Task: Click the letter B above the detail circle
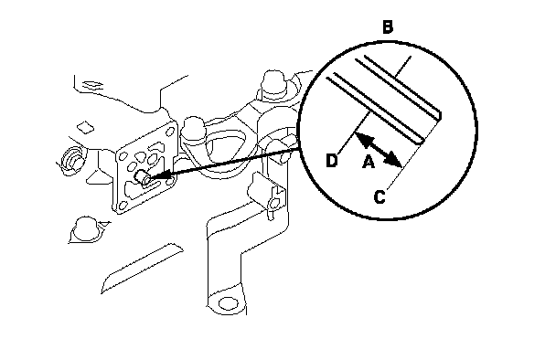click(388, 27)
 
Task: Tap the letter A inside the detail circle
click(369, 162)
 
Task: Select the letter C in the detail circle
click(380, 197)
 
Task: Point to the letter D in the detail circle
click(332, 161)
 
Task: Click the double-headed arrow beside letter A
click(379, 149)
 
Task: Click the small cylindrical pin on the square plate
click(144, 178)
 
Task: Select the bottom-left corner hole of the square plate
click(123, 206)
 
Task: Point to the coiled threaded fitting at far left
click(71, 160)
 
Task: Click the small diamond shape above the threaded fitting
click(85, 127)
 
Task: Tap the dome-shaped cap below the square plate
click(85, 229)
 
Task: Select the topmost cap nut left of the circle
click(274, 84)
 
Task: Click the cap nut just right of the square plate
click(193, 130)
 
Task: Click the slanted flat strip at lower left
click(142, 269)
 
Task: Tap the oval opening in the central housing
click(226, 150)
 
